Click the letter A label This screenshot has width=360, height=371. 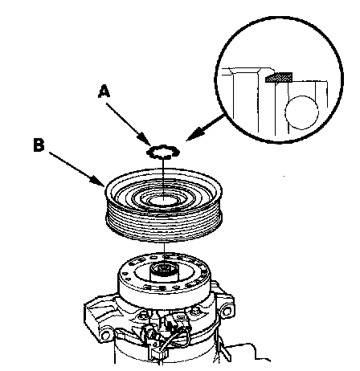point(104,92)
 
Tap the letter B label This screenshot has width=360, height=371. point(39,145)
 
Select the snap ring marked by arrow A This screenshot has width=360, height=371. point(163,152)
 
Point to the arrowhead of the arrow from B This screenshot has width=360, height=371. point(98,180)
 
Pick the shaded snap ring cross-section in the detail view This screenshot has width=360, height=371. point(279,77)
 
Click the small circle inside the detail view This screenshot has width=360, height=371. point(302,112)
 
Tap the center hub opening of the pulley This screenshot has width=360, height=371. point(163,200)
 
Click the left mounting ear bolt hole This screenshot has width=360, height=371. point(105,335)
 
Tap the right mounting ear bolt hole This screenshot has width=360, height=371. point(227,312)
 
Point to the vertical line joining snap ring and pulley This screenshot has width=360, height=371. point(163,177)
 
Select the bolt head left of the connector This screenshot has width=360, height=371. point(144,314)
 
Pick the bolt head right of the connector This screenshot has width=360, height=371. point(194,312)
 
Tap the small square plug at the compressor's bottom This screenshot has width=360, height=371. point(156,354)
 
